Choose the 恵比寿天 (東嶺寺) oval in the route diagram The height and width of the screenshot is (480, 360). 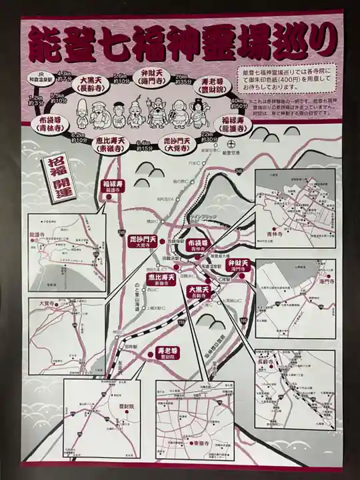click(x=111, y=145)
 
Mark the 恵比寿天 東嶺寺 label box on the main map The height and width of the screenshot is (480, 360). click(x=162, y=279)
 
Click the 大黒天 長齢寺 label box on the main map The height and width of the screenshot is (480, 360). click(x=199, y=291)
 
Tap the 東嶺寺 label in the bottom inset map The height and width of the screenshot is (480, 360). click(x=203, y=443)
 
